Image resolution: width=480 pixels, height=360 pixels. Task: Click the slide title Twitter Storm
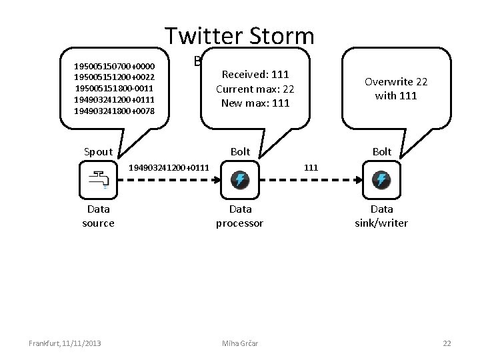click(x=239, y=37)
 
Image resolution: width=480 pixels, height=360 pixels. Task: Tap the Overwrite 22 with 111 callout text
click(x=396, y=89)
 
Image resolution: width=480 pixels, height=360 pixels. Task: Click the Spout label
click(x=98, y=152)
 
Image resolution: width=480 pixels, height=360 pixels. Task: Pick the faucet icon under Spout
click(x=98, y=179)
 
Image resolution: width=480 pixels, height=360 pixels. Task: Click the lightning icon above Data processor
click(x=240, y=179)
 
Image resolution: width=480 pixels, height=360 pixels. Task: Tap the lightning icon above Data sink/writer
click(x=381, y=179)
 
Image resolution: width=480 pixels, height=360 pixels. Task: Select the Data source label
click(x=98, y=216)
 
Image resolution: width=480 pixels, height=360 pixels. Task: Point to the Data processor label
click(x=240, y=216)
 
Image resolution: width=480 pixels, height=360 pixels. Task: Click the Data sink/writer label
click(x=381, y=216)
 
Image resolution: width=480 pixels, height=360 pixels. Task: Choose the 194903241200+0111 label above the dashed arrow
click(x=168, y=167)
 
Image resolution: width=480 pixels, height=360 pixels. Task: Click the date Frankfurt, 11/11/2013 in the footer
click(x=65, y=343)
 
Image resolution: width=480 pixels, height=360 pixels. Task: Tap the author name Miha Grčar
click(x=239, y=343)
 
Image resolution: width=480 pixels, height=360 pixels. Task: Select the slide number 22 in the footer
click(x=447, y=343)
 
